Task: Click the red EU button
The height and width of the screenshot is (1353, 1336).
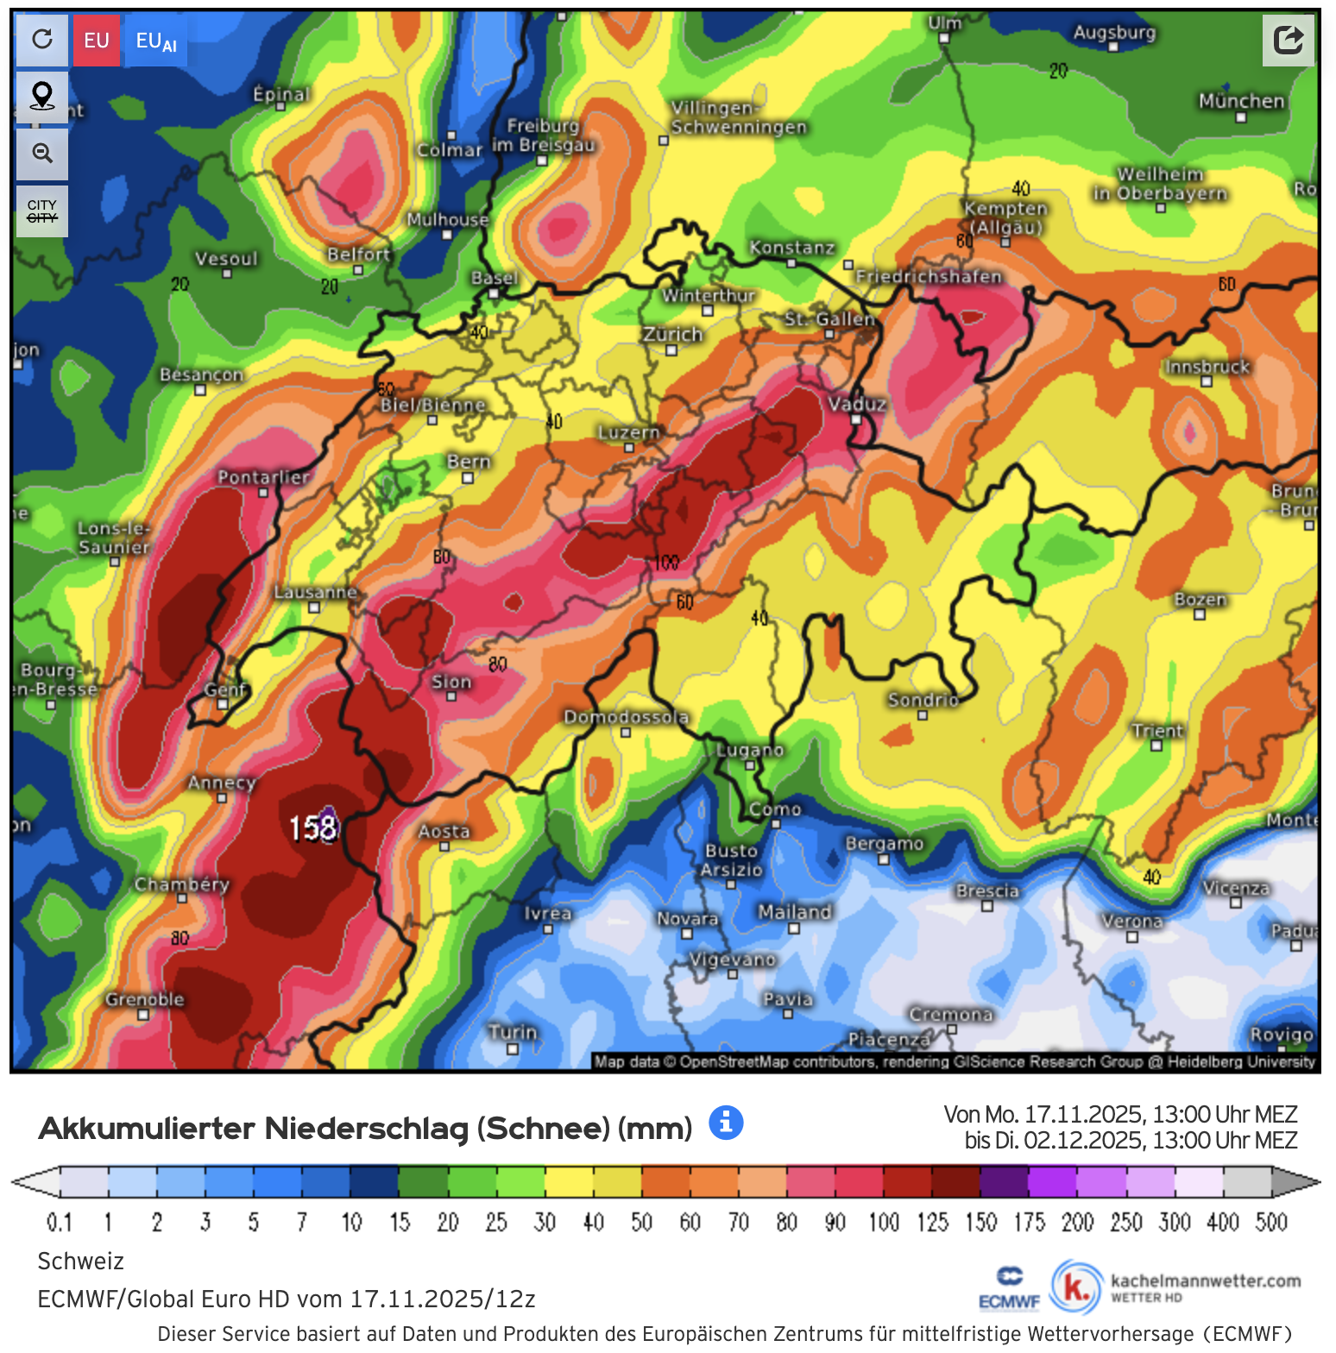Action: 97,41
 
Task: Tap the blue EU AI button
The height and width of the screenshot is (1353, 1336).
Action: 156,41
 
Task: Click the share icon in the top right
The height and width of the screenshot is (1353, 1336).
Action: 1288,40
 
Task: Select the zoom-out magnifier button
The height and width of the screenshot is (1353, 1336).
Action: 42,154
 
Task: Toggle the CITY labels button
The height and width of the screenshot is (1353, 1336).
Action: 42,211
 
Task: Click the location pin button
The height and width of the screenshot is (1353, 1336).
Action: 42,96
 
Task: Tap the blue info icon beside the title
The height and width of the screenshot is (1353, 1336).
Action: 726,1123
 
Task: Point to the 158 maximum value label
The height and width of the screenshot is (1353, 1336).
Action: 312,828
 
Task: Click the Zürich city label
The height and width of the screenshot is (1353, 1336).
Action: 672,335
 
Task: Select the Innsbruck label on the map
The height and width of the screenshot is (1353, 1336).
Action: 1207,367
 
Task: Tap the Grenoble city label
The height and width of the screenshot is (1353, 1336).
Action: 145,999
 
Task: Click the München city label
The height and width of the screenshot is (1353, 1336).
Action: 1241,101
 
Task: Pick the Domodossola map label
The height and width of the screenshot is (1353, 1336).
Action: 626,717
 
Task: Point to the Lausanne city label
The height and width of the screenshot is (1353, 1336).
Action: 315,592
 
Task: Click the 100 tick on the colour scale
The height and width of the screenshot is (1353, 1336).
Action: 883,1222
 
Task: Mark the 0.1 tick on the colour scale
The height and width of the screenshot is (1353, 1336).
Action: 60,1222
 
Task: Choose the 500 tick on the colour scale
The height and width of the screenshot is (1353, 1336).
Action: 1271,1222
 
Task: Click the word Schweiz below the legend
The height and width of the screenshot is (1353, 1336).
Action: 81,1261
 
